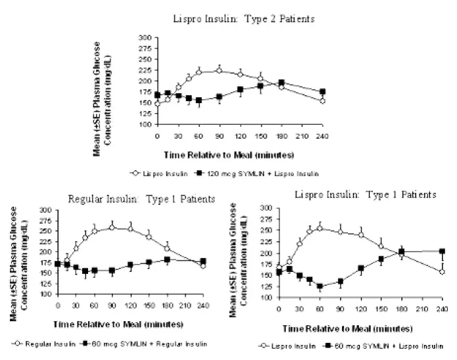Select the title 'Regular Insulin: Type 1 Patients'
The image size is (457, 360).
click(x=142, y=198)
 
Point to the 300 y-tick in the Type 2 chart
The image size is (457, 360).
click(x=143, y=37)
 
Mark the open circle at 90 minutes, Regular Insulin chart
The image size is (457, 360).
click(x=112, y=227)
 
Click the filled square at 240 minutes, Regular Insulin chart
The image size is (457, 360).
click(x=203, y=261)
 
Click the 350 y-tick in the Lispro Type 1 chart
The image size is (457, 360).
click(x=266, y=207)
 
